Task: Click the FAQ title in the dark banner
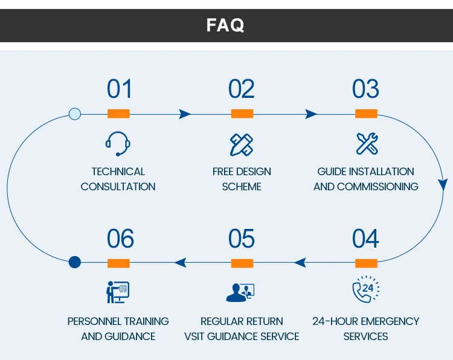[225, 25]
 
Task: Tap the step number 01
[120, 89]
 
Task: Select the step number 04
[365, 239]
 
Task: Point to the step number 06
[120, 239]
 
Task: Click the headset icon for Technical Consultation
[118, 144]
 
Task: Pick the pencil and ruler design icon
[242, 145]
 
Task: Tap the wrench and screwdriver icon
[367, 144]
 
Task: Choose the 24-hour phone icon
[366, 289]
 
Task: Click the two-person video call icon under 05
[240, 293]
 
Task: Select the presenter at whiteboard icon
[118, 292]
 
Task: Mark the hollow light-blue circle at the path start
[75, 114]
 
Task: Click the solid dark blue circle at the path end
[75, 262]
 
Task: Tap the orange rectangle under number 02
[242, 114]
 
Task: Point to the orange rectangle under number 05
[242, 263]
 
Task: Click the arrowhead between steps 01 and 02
[185, 114]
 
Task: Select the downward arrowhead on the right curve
[443, 185]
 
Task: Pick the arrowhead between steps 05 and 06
[180, 263]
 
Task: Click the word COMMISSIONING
[377, 187]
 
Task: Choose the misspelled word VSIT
[194, 336]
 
